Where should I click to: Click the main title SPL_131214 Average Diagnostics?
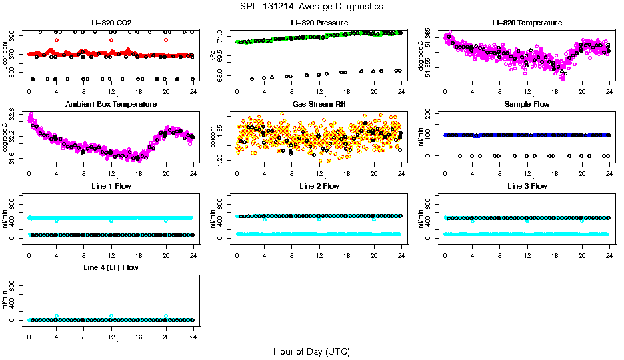point(312,7)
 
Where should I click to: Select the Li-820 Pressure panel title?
point(319,23)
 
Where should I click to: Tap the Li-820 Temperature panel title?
point(527,23)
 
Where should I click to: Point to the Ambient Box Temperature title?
point(111,105)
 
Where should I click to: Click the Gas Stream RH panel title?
point(319,105)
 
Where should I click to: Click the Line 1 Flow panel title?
point(111,186)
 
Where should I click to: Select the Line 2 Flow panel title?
point(319,186)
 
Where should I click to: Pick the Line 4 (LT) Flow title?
point(111,267)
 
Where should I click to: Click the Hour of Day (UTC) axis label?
point(311,351)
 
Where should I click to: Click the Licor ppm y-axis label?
point(5,55)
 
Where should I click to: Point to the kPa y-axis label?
point(213,56)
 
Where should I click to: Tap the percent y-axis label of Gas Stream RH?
point(213,137)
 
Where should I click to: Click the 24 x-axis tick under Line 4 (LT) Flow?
point(193,331)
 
